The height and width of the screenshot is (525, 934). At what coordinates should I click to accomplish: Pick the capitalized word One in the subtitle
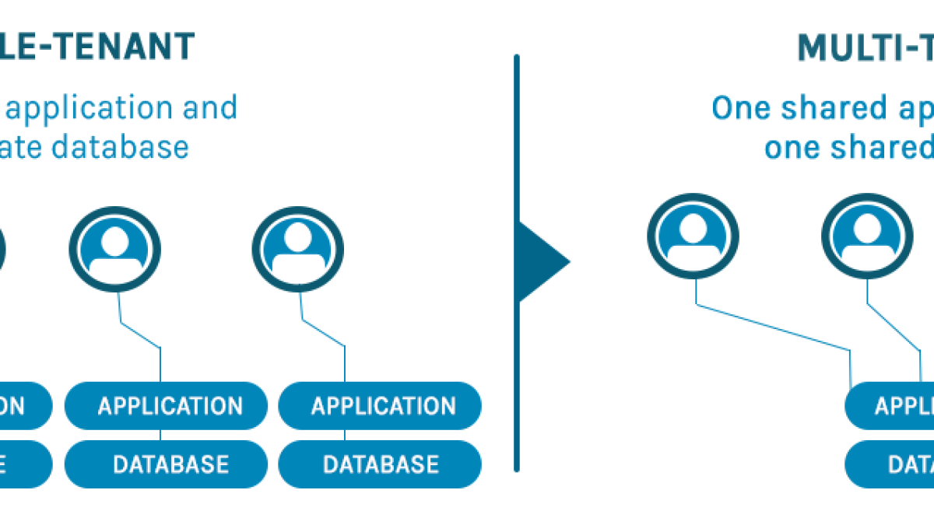(x=740, y=108)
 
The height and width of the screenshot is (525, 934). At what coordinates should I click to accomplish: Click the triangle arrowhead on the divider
(x=543, y=261)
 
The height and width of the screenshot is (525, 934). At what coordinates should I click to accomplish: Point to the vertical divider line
(x=516, y=373)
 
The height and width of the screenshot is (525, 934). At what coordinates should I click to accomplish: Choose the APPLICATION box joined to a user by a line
(x=166, y=405)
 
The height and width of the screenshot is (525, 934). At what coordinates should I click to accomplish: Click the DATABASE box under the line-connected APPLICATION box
(x=166, y=464)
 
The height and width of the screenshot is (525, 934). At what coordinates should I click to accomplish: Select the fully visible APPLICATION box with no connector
(x=380, y=405)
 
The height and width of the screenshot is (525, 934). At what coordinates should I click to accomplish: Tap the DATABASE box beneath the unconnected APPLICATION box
(x=380, y=464)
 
